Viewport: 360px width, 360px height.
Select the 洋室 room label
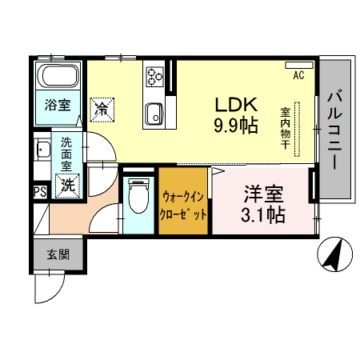click(263, 194)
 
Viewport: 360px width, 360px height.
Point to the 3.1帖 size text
click(263, 214)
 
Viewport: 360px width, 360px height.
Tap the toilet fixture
click(138, 196)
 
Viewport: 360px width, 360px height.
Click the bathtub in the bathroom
click(58, 79)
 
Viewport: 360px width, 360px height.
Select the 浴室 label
click(57, 105)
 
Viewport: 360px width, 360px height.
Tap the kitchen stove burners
click(154, 77)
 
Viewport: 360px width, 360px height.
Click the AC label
click(298, 76)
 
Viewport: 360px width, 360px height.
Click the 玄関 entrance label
click(57, 255)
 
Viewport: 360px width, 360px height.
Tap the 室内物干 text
click(285, 128)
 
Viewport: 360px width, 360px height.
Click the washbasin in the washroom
click(42, 150)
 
